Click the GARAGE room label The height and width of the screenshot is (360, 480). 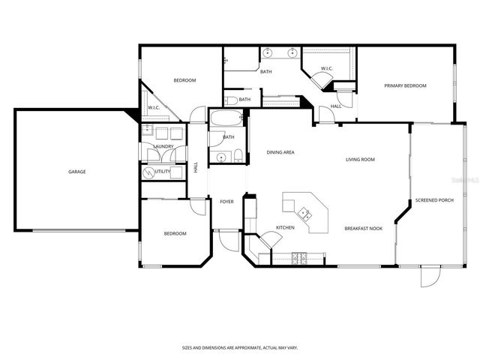77,172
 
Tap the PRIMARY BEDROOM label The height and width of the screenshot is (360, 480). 405,85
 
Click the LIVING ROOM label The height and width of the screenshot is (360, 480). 360,159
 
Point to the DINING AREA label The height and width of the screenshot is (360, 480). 280,152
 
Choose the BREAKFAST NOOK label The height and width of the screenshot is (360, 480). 363,227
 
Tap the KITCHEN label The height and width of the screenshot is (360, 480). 284,227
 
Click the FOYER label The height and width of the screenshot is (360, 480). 226,202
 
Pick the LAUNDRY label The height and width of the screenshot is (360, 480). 164,146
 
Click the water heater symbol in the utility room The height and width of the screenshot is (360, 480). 148,172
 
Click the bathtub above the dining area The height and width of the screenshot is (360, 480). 225,118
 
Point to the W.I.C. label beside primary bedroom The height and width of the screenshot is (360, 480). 326,69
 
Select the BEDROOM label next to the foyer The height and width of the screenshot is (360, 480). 175,233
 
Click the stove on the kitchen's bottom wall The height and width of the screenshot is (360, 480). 299,259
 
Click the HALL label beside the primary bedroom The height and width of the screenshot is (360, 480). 336,106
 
